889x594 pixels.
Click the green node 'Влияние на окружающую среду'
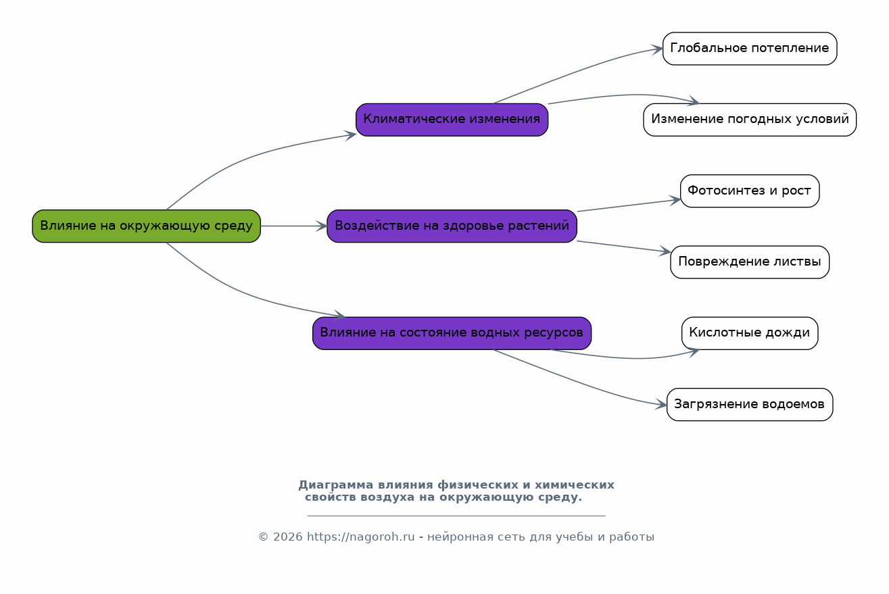146,226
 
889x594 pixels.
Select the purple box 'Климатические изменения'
452,120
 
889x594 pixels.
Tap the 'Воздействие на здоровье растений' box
452,226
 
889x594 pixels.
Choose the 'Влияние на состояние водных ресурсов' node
452,333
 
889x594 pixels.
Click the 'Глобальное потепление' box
749,49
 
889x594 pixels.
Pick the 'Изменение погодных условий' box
749,120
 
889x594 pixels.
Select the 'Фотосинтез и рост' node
749,191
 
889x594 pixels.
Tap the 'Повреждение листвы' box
749,262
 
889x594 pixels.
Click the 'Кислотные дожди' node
749,333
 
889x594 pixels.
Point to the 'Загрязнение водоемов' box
749,405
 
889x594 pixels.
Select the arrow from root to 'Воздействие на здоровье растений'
293,226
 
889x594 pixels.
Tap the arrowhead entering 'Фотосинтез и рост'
675,200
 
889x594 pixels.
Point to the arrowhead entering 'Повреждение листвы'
665,252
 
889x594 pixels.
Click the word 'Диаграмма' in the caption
335,485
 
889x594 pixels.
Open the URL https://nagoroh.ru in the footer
360,537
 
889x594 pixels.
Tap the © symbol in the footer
263,537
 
